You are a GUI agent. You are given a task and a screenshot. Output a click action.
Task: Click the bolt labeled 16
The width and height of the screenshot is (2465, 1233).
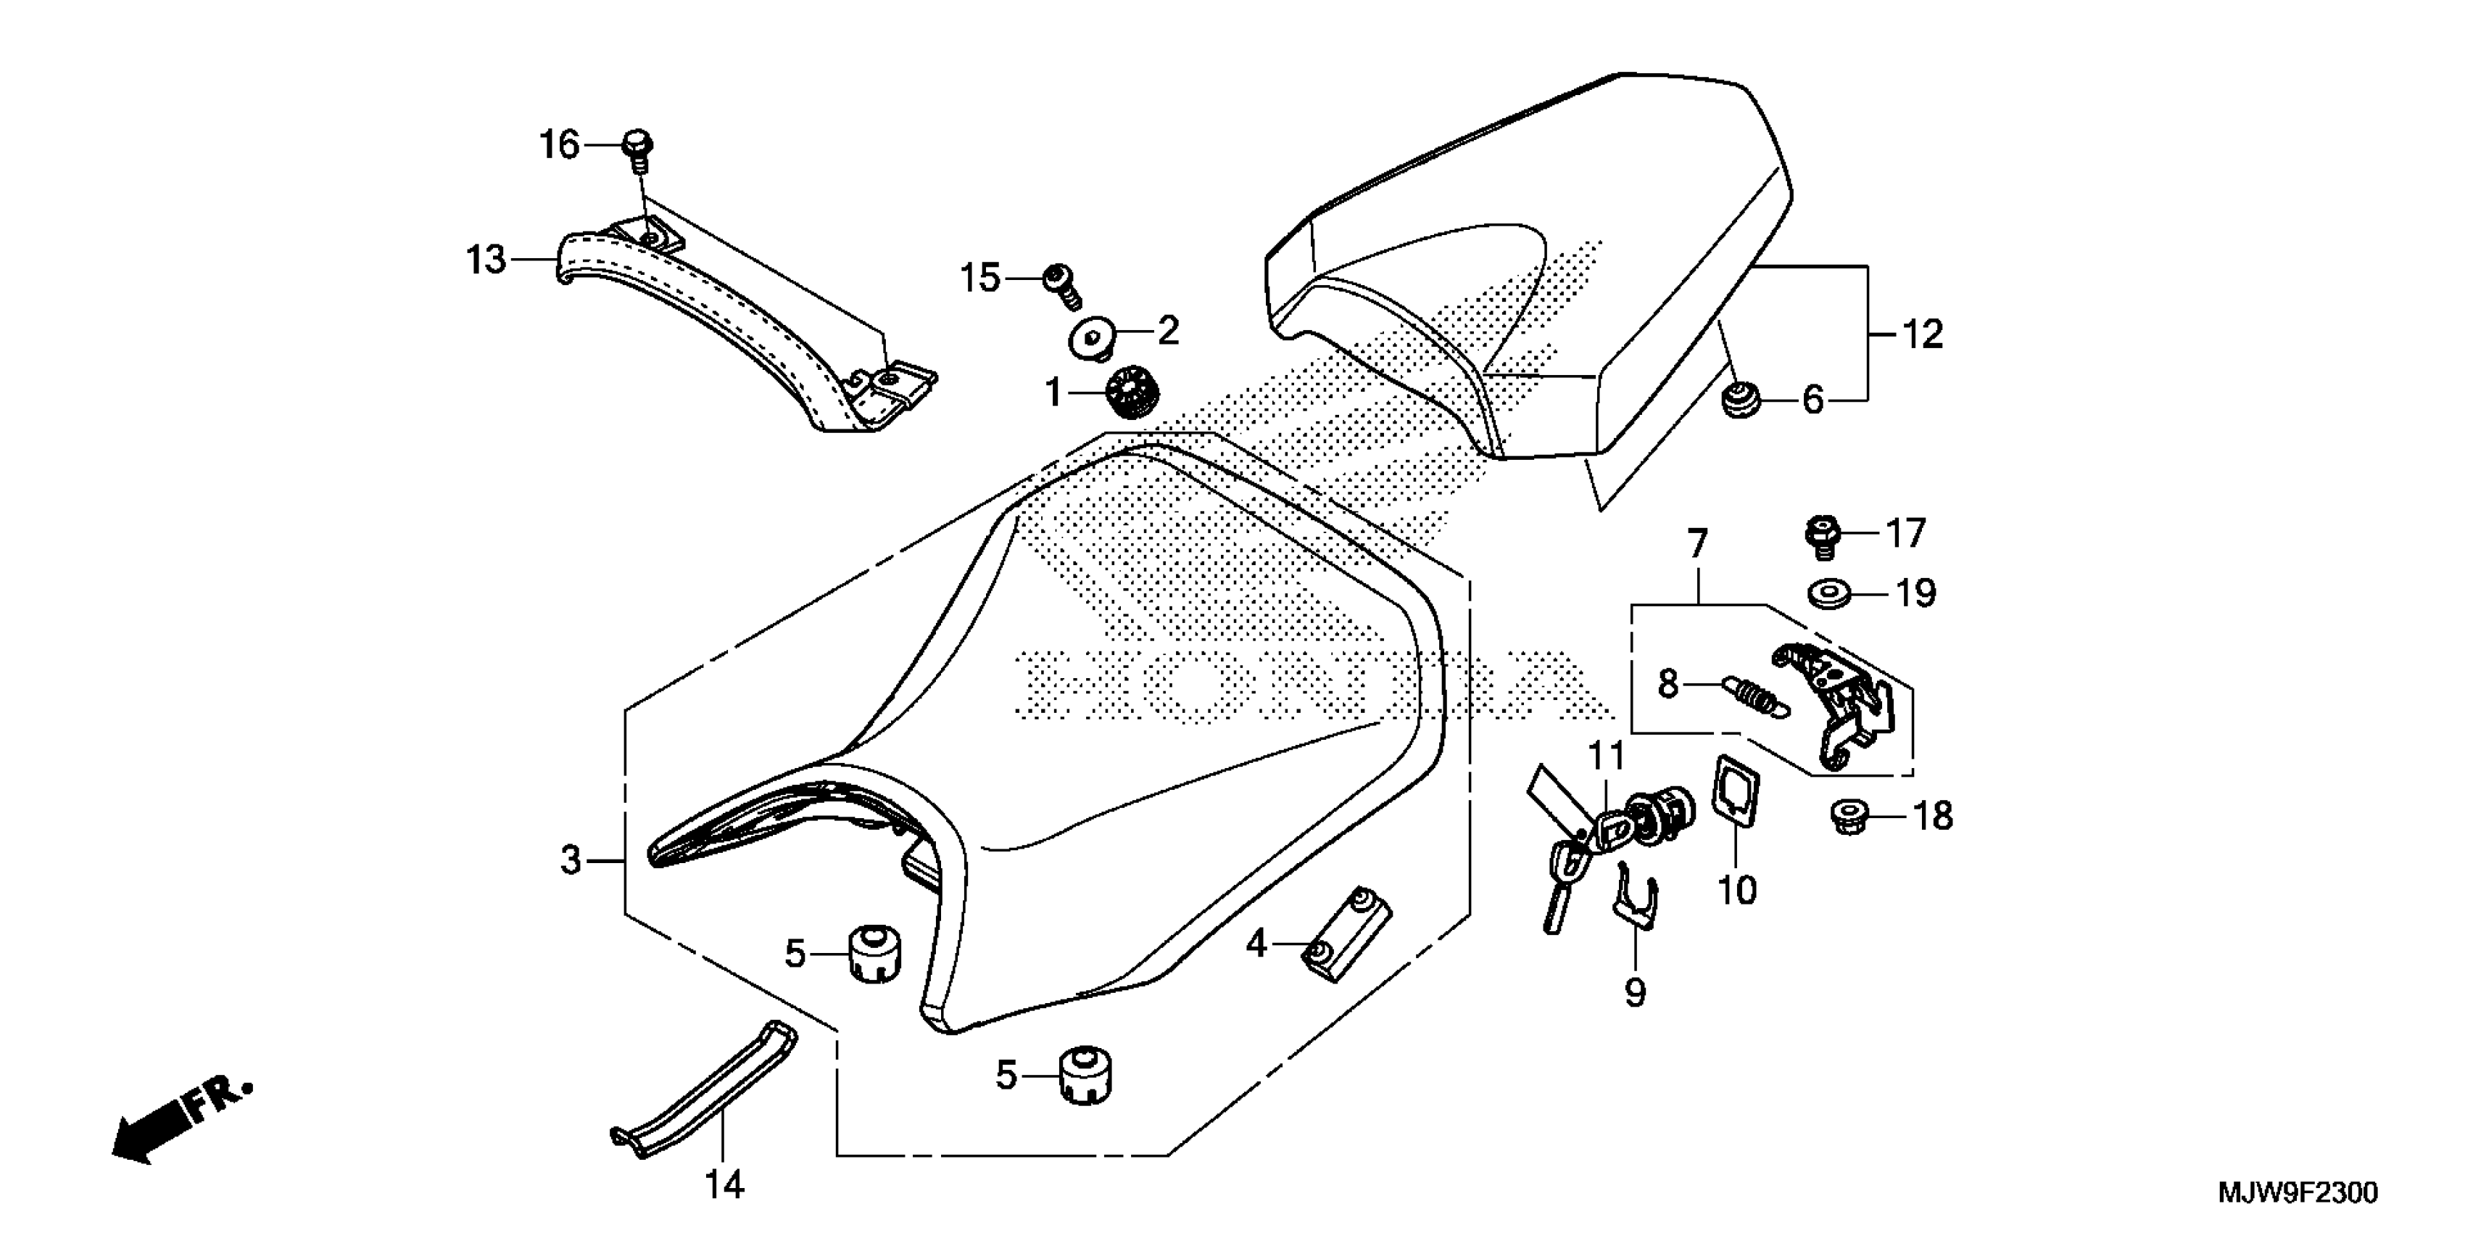637,149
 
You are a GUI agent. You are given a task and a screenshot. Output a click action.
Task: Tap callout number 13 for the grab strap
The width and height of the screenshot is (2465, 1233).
486,260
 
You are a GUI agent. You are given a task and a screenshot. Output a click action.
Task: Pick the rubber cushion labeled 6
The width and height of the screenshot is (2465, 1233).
1739,400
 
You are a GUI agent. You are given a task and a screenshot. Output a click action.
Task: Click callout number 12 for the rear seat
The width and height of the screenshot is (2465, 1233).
1921,334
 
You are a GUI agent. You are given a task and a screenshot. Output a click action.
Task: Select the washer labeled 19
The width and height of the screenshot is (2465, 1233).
1831,593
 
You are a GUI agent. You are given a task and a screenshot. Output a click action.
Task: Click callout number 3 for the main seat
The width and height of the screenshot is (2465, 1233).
571,861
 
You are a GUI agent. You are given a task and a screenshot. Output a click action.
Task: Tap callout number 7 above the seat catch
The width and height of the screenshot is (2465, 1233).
1696,545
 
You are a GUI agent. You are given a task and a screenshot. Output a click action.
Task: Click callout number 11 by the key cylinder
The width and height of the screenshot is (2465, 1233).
1607,756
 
